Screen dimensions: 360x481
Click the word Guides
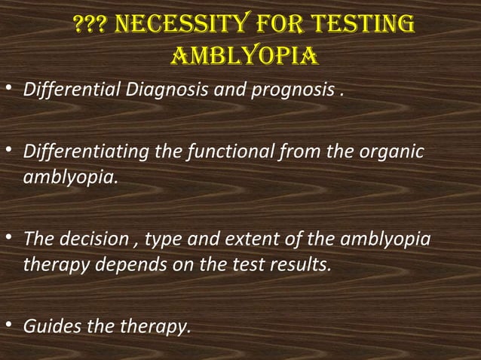tap(47, 328)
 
